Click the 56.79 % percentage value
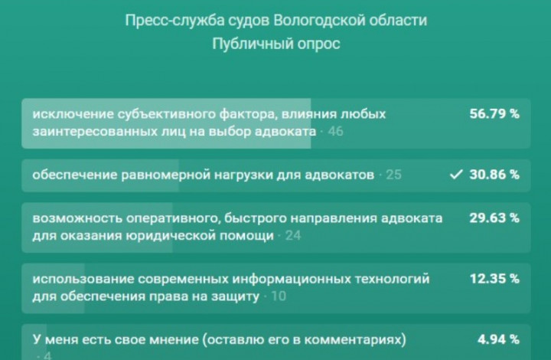494,114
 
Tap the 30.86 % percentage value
494,175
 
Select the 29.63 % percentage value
494,218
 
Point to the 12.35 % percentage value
494,279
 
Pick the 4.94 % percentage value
498,339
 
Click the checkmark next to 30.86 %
456,175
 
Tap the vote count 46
336,132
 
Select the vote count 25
393,175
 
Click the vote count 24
293,236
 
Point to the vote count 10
279,296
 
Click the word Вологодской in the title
319,21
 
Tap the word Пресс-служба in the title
174,21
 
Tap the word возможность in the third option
77,218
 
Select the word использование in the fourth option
83,279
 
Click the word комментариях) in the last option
356,340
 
